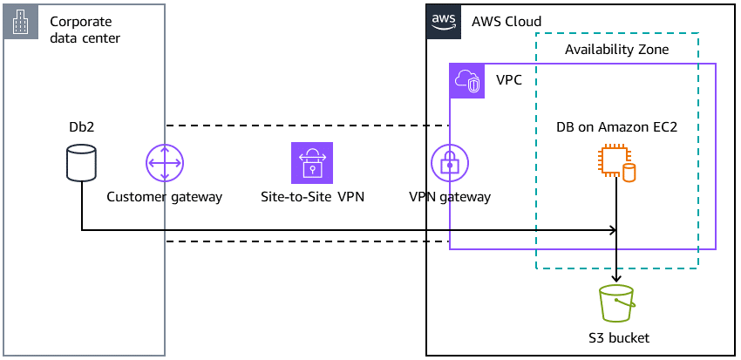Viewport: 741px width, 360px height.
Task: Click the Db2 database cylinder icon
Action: click(81, 163)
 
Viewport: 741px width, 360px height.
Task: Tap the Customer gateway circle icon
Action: click(164, 163)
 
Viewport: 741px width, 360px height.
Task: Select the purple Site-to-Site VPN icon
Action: click(312, 163)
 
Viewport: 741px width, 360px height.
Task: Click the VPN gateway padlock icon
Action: click(450, 163)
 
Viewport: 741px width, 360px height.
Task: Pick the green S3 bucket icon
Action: click(617, 304)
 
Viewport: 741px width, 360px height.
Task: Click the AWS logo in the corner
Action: click(444, 21)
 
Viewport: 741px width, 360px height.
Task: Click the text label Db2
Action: click(81, 127)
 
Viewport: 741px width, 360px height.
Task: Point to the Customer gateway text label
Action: click(164, 197)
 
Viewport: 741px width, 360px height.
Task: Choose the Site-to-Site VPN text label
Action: click(312, 197)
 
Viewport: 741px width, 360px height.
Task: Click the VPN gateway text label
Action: click(450, 197)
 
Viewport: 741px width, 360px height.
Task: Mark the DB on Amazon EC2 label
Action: click(616, 127)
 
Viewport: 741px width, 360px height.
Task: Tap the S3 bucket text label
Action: click(618, 337)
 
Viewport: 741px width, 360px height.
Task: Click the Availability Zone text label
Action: click(616, 50)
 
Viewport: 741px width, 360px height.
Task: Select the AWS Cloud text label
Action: click(506, 22)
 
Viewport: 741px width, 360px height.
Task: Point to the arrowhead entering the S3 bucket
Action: click(617, 277)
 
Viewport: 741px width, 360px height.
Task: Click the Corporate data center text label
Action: click(85, 30)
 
